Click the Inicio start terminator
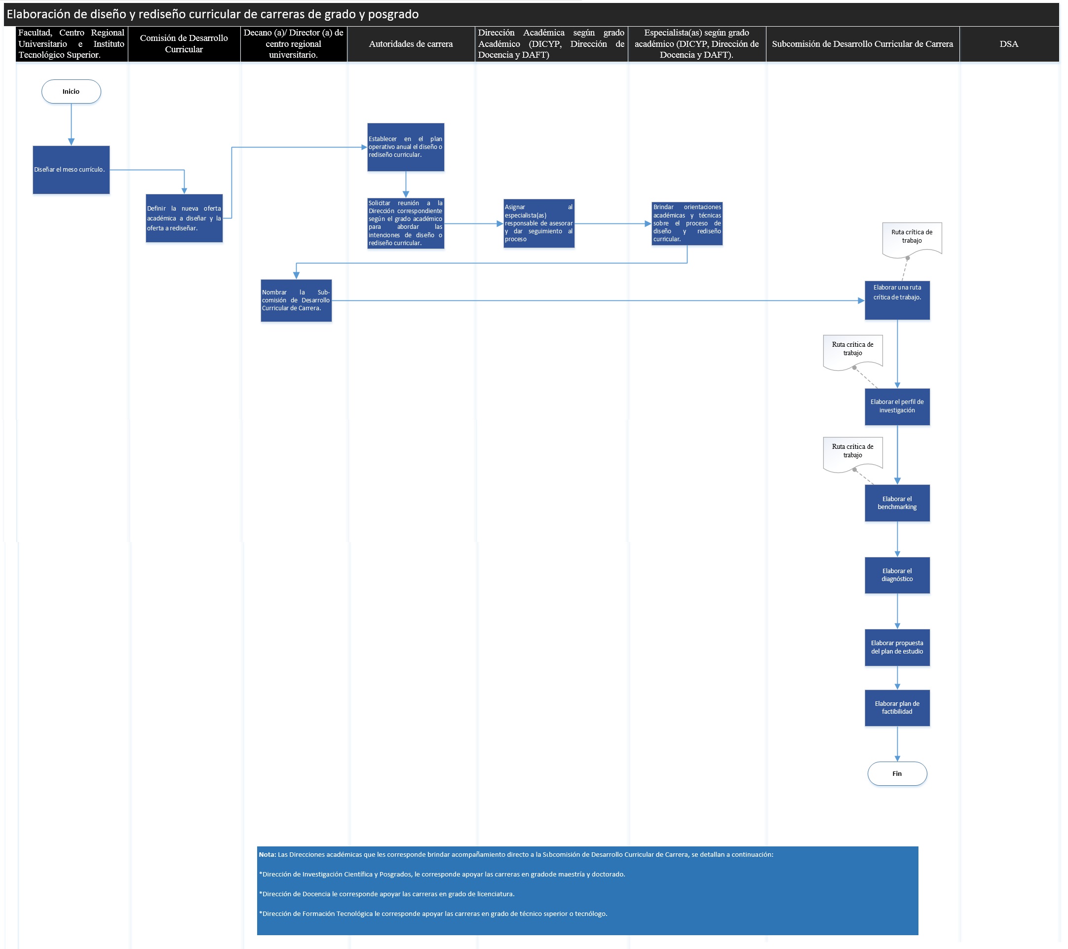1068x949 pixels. tap(71, 91)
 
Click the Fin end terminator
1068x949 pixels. tap(897, 773)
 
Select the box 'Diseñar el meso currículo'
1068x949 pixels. tap(71, 170)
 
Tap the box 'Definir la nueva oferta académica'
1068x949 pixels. tap(184, 219)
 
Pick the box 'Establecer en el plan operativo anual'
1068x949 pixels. tap(406, 147)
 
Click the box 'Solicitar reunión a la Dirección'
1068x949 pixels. tap(406, 223)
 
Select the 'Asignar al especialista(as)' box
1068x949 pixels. tap(539, 223)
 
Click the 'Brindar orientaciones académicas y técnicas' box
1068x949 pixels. tap(687, 223)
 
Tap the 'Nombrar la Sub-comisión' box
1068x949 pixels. tap(296, 300)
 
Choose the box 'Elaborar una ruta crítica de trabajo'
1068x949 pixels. tap(897, 300)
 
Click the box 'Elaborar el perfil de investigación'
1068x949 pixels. tap(897, 406)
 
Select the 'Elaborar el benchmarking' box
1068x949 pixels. tap(897, 503)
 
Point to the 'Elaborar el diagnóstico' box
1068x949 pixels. tap(897, 575)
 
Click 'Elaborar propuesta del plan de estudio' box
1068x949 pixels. tap(897, 647)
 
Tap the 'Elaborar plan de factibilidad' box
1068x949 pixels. tap(897, 708)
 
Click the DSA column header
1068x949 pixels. tap(1008, 44)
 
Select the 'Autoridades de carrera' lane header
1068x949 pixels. tap(411, 44)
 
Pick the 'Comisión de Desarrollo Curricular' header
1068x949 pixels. tap(184, 44)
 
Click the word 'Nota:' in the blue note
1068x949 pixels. tap(267, 854)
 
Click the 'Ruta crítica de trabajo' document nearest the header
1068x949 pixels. tap(912, 237)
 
